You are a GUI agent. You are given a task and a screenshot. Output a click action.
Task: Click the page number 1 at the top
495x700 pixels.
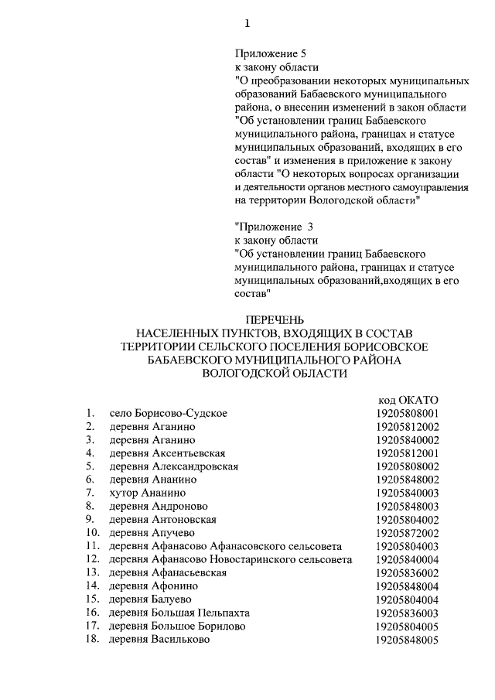[x=247, y=23]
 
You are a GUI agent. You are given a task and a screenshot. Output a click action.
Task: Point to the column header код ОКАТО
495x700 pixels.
[x=408, y=399]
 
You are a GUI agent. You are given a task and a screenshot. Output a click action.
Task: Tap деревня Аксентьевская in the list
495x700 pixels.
[x=167, y=452]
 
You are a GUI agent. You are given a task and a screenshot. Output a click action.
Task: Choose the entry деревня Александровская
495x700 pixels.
[x=173, y=466]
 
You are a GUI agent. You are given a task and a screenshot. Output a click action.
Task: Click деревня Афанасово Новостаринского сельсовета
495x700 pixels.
[x=230, y=559]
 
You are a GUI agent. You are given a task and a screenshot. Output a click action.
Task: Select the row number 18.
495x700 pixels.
[x=93, y=640]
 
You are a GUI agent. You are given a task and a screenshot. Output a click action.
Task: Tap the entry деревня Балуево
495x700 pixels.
[x=150, y=599]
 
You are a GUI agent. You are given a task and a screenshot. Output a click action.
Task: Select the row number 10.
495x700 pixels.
[x=93, y=533]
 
